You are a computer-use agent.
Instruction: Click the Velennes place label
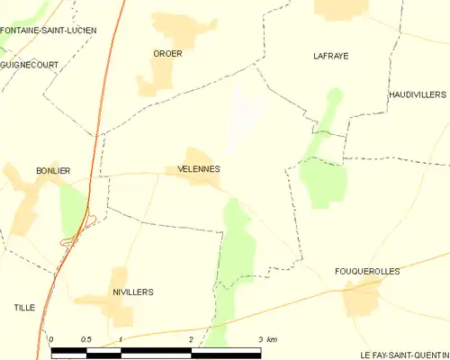pyautogui.click(x=193, y=169)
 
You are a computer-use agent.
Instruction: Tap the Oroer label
pyautogui.click(x=167, y=54)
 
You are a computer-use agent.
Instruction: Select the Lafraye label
pyautogui.click(x=330, y=56)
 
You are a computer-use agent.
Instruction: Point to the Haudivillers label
pyautogui.click(x=418, y=94)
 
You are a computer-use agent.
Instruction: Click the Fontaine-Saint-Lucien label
pyautogui.click(x=49, y=31)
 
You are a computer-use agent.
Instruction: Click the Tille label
pyautogui.click(x=24, y=308)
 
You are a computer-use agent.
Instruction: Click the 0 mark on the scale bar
pyautogui.click(x=52, y=339)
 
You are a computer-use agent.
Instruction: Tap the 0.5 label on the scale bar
pyautogui.click(x=85, y=339)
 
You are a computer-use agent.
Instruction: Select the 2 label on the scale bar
pyautogui.click(x=191, y=339)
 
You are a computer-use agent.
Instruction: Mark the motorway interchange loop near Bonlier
pyautogui.click(x=68, y=239)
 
